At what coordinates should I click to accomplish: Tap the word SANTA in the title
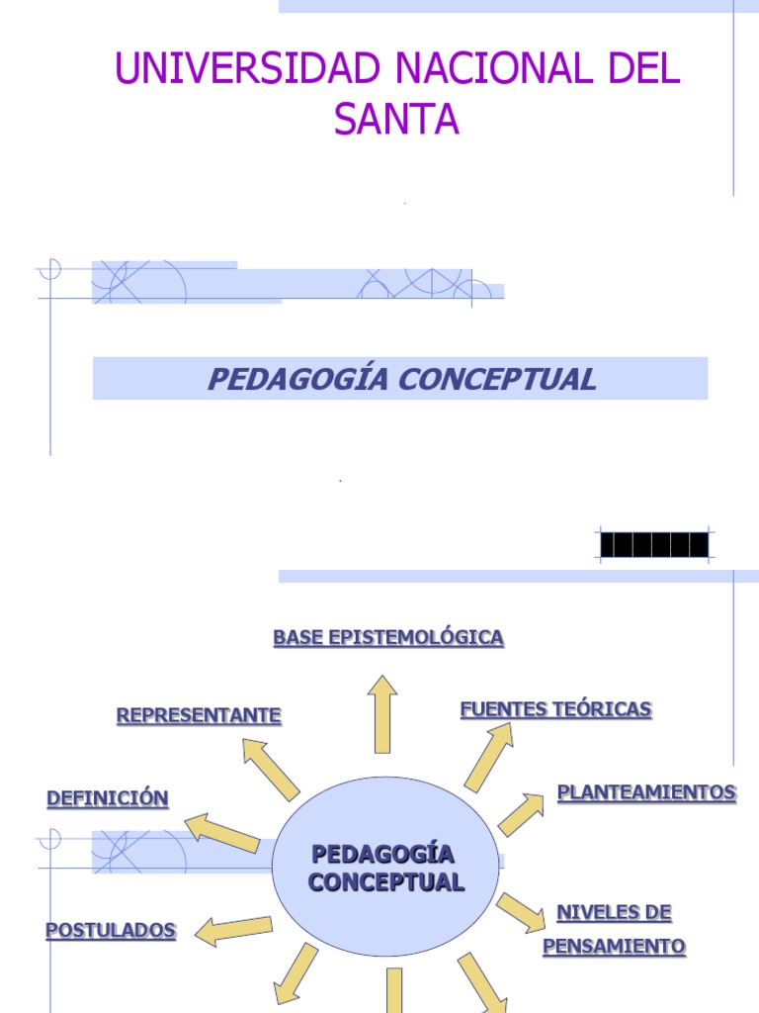(x=396, y=120)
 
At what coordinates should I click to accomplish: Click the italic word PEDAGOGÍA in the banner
(x=286, y=379)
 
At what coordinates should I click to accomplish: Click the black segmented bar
(x=654, y=545)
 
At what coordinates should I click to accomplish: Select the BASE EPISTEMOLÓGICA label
(x=388, y=638)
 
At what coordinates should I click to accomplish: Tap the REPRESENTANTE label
(x=199, y=715)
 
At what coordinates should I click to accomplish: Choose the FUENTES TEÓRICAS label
(x=556, y=709)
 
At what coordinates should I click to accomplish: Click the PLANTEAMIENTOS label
(x=646, y=792)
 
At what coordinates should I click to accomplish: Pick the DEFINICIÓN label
(x=108, y=798)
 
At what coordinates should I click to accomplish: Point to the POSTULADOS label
(x=111, y=931)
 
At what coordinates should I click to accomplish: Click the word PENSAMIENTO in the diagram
(x=614, y=947)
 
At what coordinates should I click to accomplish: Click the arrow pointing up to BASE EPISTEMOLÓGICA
(x=382, y=714)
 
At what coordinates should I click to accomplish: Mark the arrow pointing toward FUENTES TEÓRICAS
(x=489, y=756)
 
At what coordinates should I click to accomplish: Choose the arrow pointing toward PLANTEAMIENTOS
(x=521, y=814)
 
